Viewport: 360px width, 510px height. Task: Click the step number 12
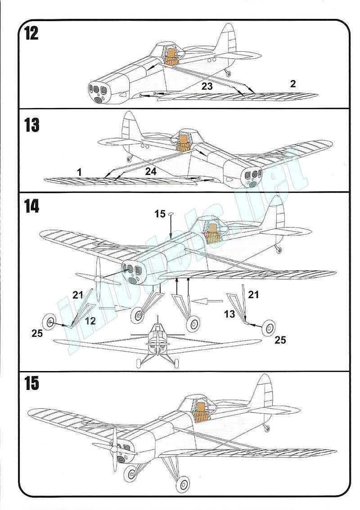pyautogui.click(x=31, y=34)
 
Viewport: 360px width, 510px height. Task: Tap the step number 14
pyautogui.click(x=31, y=206)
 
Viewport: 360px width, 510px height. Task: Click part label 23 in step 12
pyautogui.click(x=207, y=86)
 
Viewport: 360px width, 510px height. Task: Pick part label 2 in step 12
pyautogui.click(x=293, y=84)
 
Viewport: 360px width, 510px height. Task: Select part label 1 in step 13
pyautogui.click(x=79, y=172)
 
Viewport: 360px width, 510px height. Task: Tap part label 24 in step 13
pyautogui.click(x=151, y=171)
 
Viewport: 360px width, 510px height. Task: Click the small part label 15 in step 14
pyautogui.click(x=160, y=214)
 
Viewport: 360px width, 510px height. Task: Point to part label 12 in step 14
pyautogui.click(x=90, y=321)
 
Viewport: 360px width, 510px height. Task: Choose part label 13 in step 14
pyautogui.click(x=229, y=314)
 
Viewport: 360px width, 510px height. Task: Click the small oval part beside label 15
pyautogui.click(x=171, y=214)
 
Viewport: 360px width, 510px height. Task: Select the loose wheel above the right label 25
pyautogui.click(x=269, y=327)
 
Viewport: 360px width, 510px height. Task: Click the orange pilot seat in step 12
pyautogui.click(x=171, y=55)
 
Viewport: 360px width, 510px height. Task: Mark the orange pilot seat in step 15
pyautogui.click(x=201, y=411)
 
